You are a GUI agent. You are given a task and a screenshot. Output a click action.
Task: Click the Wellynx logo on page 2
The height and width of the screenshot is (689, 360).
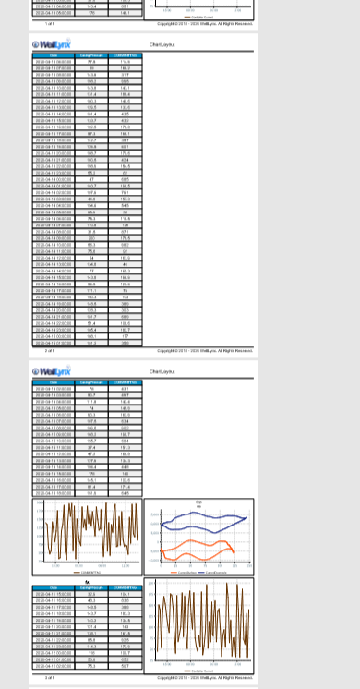pyautogui.click(x=52, y=44)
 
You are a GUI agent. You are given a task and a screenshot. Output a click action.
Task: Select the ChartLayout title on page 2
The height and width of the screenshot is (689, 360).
pyautogui.click(x=163, y=44)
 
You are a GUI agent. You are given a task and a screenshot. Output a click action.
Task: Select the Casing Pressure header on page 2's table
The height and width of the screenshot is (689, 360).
pyautogui.click(x=90, y=56)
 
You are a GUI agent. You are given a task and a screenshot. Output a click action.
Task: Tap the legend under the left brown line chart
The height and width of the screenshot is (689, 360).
pyautogui.click(x=90, y=574)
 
